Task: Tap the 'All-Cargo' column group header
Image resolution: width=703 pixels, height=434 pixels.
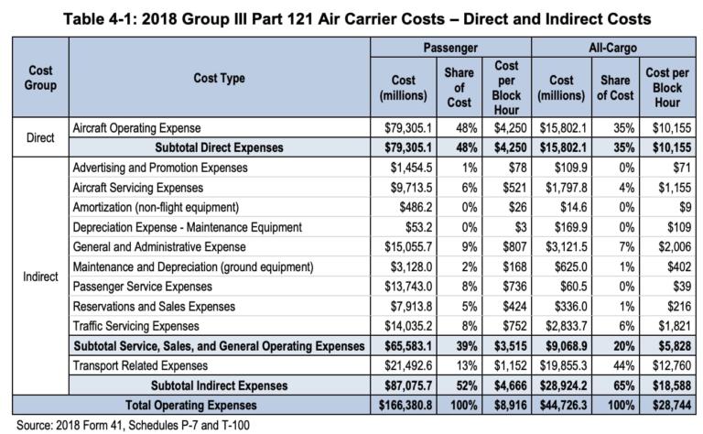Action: [615, 46]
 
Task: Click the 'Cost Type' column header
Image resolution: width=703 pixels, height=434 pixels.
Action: [219, 79]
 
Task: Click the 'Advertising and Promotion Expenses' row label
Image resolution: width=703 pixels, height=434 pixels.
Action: [161, 168]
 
